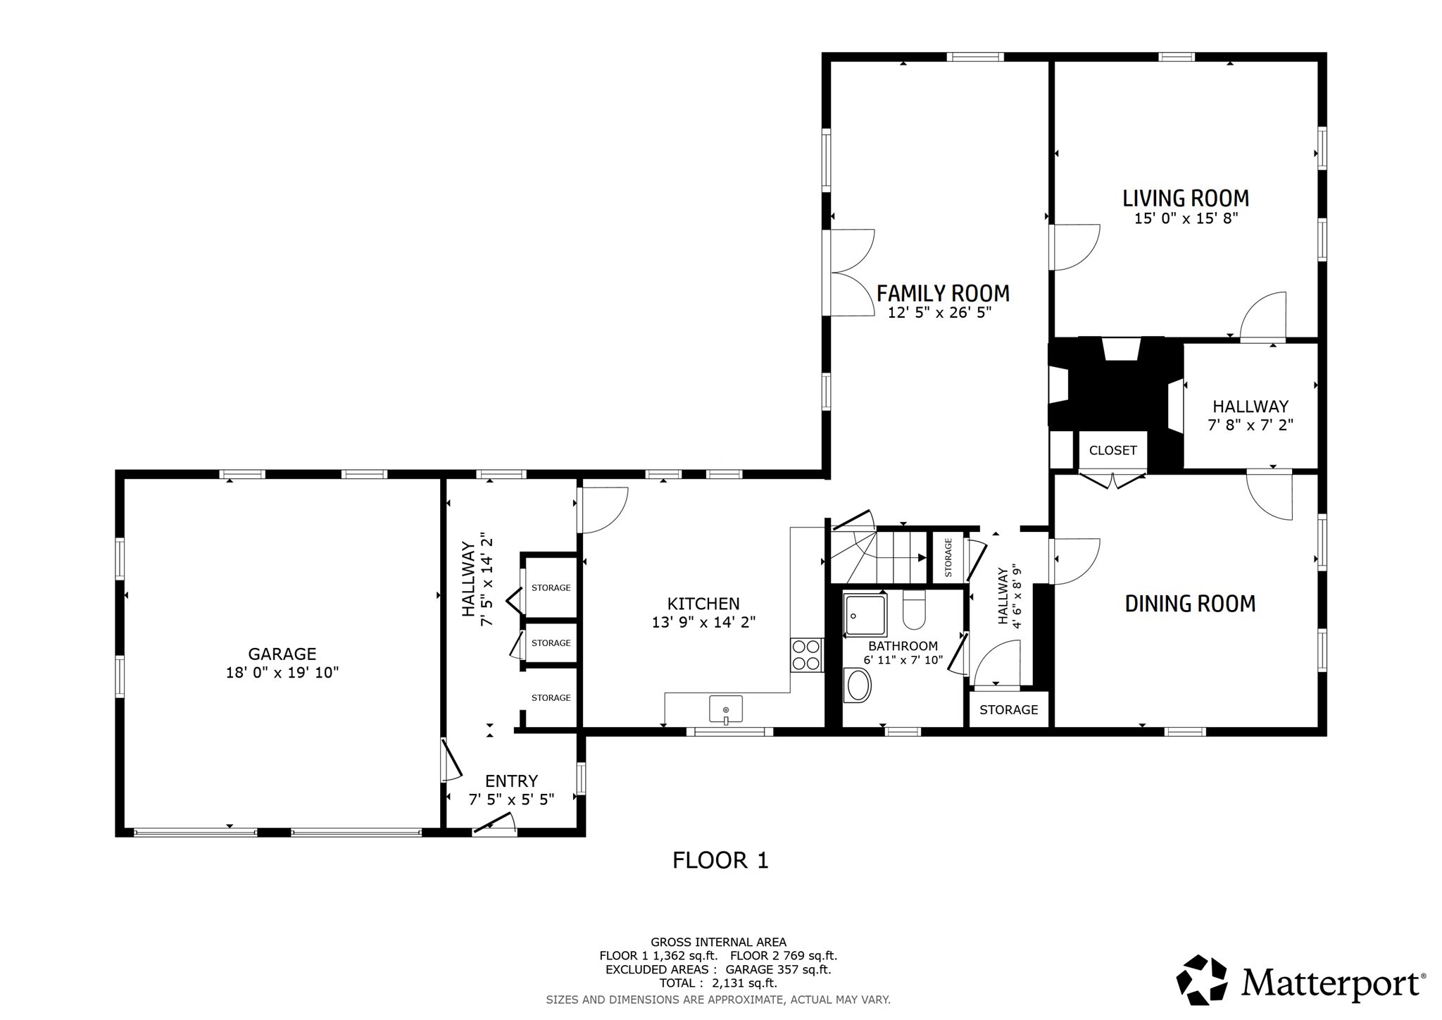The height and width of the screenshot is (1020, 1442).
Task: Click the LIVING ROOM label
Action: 1186,199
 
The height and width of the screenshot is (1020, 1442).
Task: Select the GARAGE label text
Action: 282,654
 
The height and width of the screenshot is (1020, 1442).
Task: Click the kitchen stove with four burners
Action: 806,654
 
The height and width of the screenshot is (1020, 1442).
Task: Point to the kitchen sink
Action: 726,708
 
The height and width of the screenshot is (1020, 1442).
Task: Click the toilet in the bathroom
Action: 913,611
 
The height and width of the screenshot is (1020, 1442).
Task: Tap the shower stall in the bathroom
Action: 865,615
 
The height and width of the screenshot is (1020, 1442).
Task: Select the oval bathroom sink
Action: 857,685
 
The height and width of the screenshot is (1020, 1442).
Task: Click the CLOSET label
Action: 1112,451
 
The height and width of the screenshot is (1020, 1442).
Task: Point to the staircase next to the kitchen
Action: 880,556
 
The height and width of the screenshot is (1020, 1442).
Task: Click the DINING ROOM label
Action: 1190,604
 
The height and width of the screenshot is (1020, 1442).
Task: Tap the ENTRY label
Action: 511,780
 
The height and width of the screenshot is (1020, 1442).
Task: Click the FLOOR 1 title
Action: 720,860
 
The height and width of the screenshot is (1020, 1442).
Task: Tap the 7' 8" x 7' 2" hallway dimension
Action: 1250,425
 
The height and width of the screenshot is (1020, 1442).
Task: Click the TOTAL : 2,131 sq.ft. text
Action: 718,983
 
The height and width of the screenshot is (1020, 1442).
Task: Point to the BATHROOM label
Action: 903,646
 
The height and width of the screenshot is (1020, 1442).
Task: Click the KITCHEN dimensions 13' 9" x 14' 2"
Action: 703,622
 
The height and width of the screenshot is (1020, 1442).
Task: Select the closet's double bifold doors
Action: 1112,482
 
